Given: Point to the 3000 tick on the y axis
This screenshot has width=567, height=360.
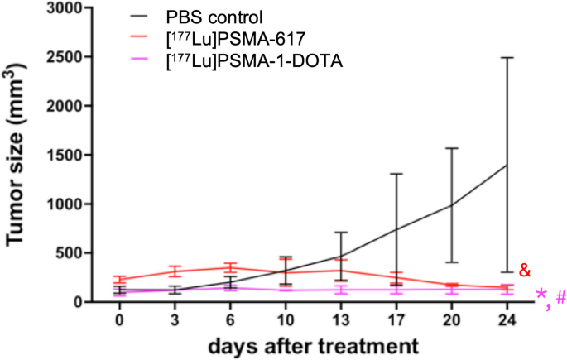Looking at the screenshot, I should click(71, 9).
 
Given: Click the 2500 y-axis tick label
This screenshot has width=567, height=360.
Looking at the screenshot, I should click(71, 58).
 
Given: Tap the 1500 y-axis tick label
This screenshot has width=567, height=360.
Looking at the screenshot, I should click(71, 156).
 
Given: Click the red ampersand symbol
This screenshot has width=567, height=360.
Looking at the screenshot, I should click(524, 271).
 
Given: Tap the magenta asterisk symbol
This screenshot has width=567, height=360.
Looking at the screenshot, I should click(540, 297).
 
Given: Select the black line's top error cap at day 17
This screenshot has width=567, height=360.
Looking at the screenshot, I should click(396, 174).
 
